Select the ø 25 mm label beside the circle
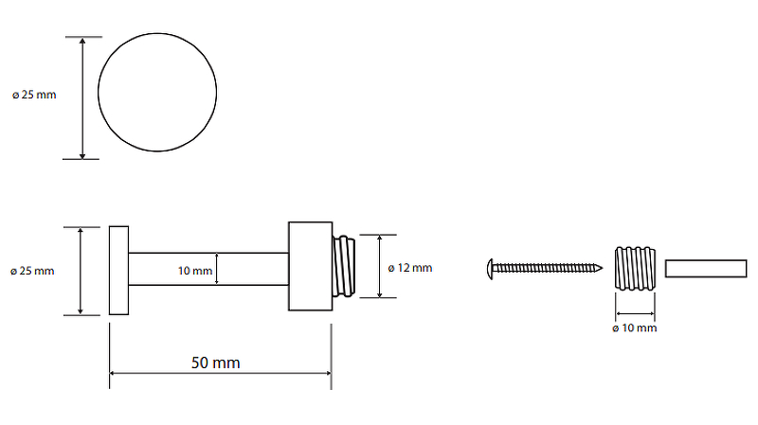point(33,95)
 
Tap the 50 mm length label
point(215,363)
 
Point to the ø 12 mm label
point(410,268)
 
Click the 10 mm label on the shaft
point(195,271)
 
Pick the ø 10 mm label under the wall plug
point(635,328)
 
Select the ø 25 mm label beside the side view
point(33,271)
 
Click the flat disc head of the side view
point(118,270)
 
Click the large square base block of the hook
point(312,267)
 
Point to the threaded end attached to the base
point(347,267)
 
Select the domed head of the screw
point(490,268)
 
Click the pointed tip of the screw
point(601,268)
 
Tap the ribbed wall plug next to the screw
point(635,268)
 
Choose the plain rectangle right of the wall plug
point(705,268)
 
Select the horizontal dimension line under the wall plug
point(635,314)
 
